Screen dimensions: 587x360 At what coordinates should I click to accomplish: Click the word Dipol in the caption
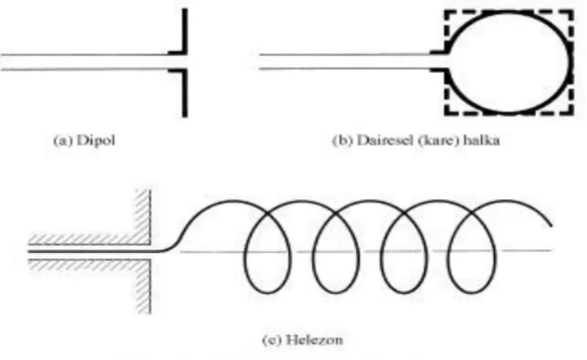[x=96, y=141]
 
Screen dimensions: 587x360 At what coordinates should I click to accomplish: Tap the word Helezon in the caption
[x=314, y=339]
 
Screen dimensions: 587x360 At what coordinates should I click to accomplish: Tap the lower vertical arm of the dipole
[x=185, y=93]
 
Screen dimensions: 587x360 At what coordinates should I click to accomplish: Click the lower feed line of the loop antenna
[x=346, y=69]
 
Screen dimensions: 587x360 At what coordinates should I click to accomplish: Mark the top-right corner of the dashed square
[x=573, y=11]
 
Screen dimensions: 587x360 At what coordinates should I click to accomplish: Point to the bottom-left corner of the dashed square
[x=446, y=113]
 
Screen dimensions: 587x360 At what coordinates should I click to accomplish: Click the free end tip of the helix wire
[x=551, y=226]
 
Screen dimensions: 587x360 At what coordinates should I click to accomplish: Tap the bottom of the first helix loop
[x=267, y=292]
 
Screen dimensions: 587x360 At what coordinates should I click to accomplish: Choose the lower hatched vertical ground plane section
[x=144, y=286]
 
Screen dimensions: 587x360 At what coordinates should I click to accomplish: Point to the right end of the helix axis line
[x=551, y=250]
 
